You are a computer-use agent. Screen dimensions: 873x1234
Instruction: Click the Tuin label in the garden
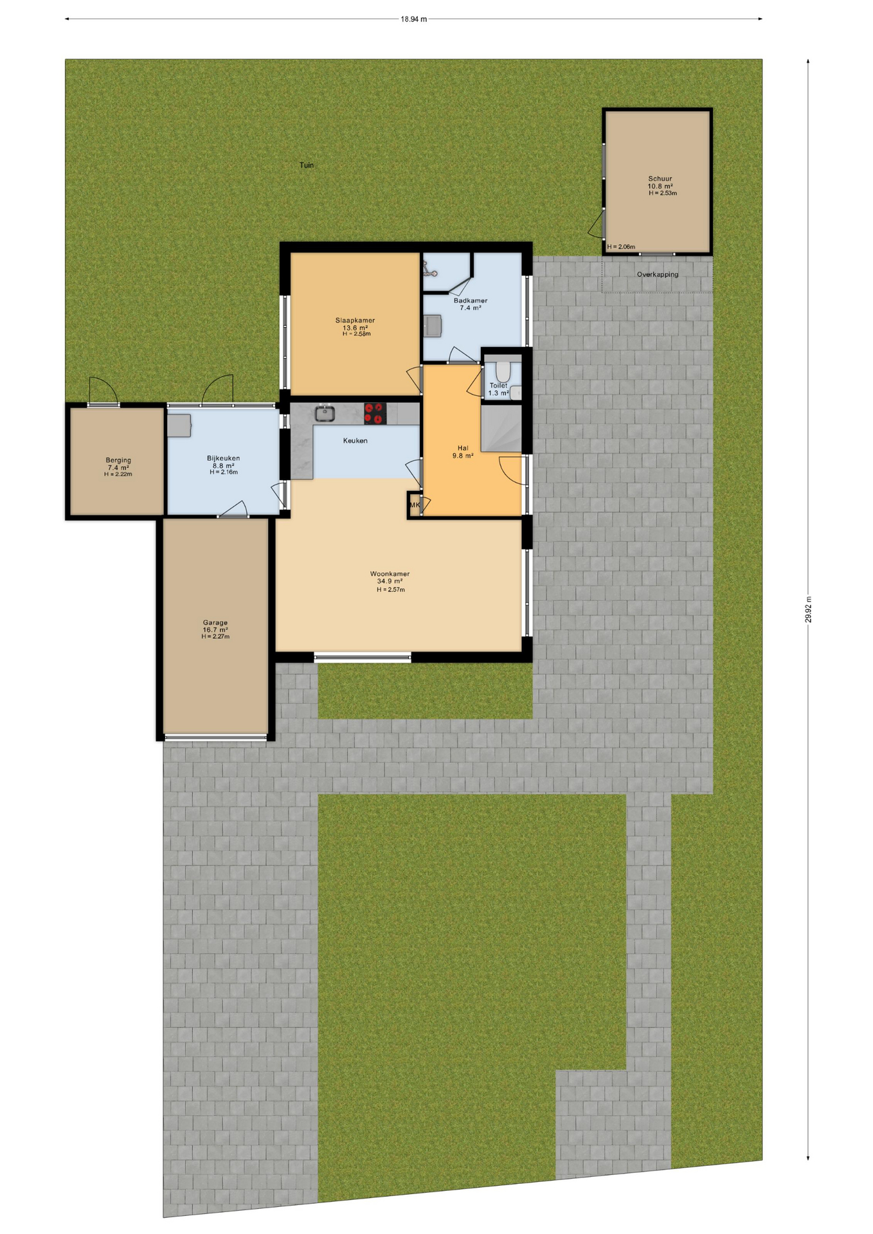click(307, 165)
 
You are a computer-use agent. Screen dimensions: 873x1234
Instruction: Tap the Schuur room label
click(660, 179)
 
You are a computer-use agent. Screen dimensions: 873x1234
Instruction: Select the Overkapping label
click(658, 274)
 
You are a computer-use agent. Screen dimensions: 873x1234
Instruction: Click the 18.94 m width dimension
click(414, 19)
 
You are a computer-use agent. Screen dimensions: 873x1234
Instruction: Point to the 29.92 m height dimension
click(808, 609)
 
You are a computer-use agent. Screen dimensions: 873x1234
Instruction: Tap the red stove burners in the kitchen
click(375, 413)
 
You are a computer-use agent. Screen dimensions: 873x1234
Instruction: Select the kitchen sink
click(325, 413)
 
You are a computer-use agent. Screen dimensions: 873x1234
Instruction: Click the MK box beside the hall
click(415, 505)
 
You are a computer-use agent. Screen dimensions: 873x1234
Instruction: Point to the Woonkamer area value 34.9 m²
click(390, 582)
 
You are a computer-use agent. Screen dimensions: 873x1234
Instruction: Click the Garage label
click(215, 622)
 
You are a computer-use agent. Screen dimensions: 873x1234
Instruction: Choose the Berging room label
click(118, 460)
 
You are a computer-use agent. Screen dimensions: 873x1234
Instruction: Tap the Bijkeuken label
click(223, 458)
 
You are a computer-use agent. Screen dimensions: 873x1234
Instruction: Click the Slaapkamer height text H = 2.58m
click(356, 334)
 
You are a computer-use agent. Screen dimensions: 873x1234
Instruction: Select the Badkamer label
click(471, 300)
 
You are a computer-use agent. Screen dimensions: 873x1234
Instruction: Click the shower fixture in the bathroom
click(429, 271)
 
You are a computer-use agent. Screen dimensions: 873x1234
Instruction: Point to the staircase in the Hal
click(501, 429)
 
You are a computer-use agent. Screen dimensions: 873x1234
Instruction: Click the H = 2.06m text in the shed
click(621, 247)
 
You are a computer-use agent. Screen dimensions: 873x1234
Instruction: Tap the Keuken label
click(355, 441)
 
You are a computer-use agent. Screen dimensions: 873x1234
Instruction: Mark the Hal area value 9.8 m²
click(463, 456)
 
